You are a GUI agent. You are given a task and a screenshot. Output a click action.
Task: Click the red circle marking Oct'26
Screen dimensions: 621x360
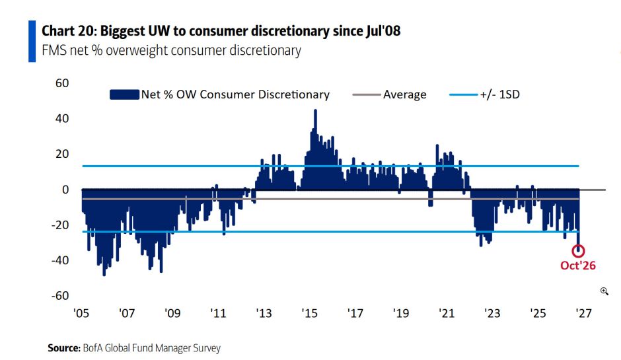(578, 246)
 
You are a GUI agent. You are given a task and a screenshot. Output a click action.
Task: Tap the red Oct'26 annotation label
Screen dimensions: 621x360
(578, 266)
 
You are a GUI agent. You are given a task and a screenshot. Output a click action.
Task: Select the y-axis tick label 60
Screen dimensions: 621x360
(62, 83)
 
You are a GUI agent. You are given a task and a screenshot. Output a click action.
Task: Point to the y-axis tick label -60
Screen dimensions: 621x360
(60, 296)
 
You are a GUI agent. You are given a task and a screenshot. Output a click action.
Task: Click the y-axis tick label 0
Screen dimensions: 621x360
(65, 190)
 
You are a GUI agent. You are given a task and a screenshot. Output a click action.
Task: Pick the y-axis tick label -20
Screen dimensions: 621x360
(60, 225)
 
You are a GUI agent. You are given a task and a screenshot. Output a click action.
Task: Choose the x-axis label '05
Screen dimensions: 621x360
(81, 313)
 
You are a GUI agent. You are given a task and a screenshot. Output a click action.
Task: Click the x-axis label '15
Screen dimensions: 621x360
(310, 313)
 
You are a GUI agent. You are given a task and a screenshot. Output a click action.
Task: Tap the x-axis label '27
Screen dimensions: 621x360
(584, 313)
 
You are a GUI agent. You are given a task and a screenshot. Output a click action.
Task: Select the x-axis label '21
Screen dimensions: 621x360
(447, 313)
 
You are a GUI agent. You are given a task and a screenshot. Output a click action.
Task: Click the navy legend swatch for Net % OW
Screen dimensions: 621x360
(124, 94)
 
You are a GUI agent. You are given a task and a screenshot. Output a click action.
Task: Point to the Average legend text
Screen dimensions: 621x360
(405, 94)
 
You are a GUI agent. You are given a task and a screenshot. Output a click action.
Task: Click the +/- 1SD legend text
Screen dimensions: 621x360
(500, 94)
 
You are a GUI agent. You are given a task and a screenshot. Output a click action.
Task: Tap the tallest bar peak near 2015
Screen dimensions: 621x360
(315, 110)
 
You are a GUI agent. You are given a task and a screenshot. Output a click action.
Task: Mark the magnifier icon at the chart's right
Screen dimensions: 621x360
(604, 291)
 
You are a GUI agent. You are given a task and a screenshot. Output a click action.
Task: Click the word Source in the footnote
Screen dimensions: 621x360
(64, 348)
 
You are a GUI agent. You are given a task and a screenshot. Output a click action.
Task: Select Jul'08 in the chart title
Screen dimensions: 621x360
(383, 31)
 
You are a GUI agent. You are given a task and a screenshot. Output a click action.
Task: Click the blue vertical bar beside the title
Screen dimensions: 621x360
(32, 41)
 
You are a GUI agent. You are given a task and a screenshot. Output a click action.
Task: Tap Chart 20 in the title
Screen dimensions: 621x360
(69, 31)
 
